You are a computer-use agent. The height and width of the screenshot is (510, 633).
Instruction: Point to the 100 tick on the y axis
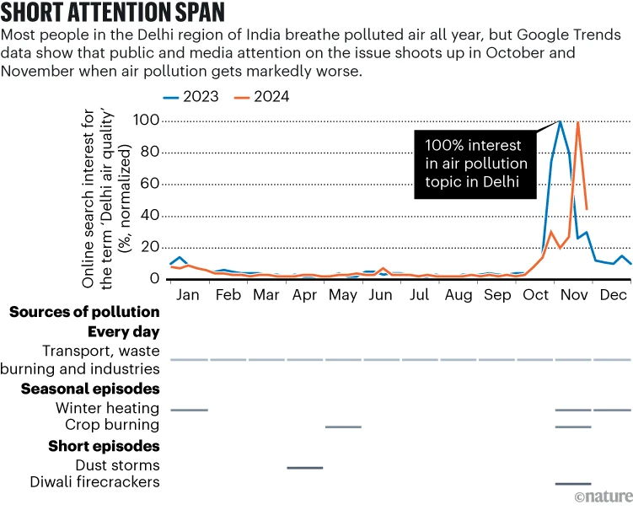(148, 121)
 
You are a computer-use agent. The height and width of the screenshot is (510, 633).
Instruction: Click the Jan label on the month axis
(189, 296)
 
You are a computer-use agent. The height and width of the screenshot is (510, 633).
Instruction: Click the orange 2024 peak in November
(577, 123)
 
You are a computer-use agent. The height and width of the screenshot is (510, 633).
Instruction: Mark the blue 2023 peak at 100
(560, 121)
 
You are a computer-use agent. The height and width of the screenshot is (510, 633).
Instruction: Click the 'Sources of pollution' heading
(84, 313)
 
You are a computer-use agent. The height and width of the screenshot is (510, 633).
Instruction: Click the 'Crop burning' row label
(112, 425)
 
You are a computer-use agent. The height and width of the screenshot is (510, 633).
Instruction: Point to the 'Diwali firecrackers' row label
(100, 482)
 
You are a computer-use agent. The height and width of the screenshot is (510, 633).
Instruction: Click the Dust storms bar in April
(304, 467)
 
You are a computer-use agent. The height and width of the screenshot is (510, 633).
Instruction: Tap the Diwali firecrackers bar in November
(573, 484)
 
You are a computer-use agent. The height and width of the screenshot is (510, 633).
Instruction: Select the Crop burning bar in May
(343, 427)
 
